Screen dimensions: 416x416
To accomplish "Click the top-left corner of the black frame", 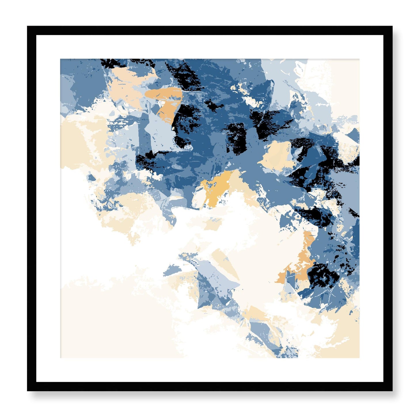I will tap(28, 26).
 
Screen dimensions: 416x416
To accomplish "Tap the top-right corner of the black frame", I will tap(392, 26).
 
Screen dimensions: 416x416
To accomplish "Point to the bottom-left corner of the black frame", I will tap(28, 391).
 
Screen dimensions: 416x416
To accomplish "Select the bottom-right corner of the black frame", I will tap(392, 391).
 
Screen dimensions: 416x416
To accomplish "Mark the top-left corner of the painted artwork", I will tap(60, 59).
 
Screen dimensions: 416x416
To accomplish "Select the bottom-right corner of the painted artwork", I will tap(359, 358).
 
